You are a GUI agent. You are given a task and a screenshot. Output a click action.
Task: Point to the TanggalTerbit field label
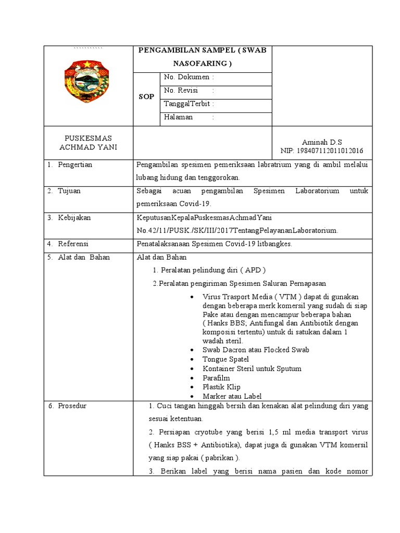189,104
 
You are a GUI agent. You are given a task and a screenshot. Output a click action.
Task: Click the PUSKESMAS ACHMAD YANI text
87,143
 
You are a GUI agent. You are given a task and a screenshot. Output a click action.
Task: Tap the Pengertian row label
73,165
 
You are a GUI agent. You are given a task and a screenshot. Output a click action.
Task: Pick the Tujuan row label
69,191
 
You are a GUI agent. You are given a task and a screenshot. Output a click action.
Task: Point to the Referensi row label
72,244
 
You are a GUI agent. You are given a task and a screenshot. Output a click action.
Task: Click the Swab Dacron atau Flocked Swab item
256,350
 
